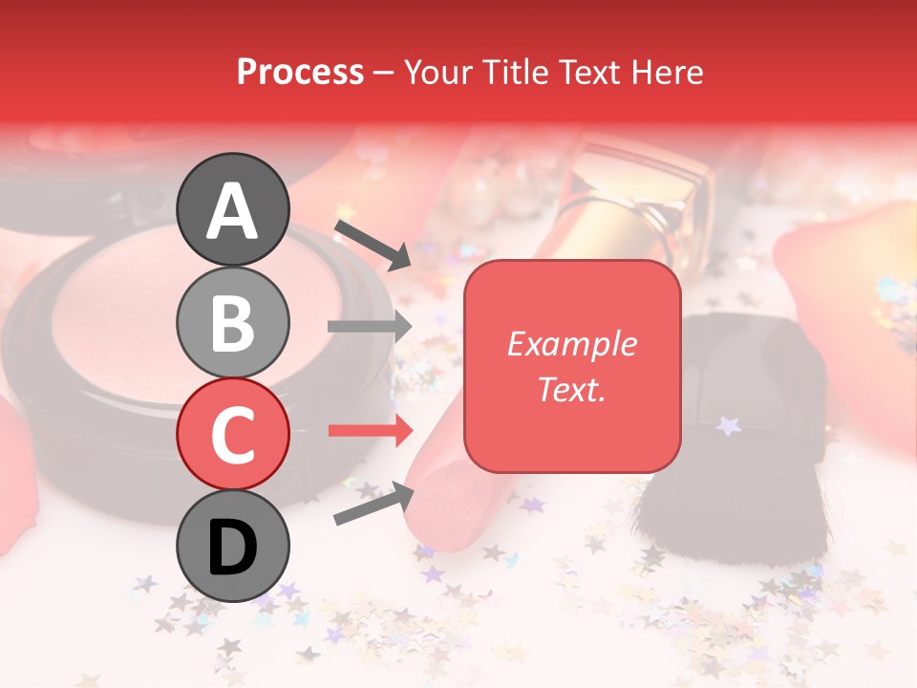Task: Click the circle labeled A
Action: [233, 209]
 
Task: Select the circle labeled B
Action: [233, 322]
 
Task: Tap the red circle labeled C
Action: [233, 433]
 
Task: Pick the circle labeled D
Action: [233, 546]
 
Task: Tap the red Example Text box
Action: [572, 366]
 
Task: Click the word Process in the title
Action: [300, 72]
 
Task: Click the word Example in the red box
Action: [571, 344]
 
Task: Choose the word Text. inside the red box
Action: [571, 389]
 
